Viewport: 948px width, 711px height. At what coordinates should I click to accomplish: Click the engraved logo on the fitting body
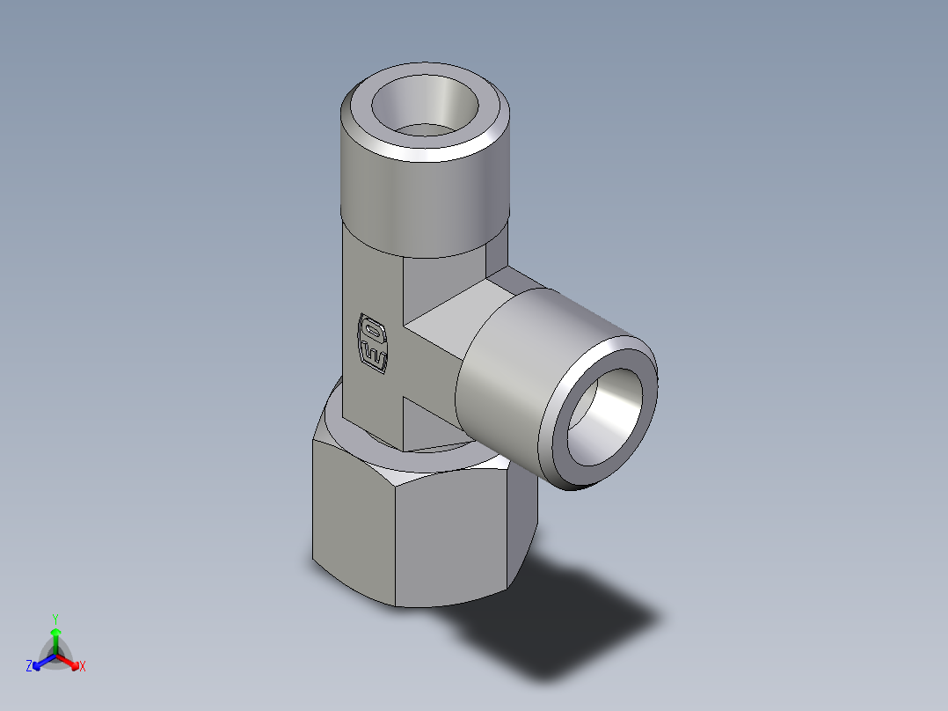click(372, 343)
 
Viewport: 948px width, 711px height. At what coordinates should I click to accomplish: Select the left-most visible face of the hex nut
click(352, 519)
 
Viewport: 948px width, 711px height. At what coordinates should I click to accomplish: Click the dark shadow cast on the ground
click(572, 625)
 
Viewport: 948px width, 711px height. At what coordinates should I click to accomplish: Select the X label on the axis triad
click(83, 667)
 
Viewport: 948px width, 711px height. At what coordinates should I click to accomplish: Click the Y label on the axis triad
click(55, 618)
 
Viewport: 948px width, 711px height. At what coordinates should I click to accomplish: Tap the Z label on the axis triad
click(29, 666)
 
